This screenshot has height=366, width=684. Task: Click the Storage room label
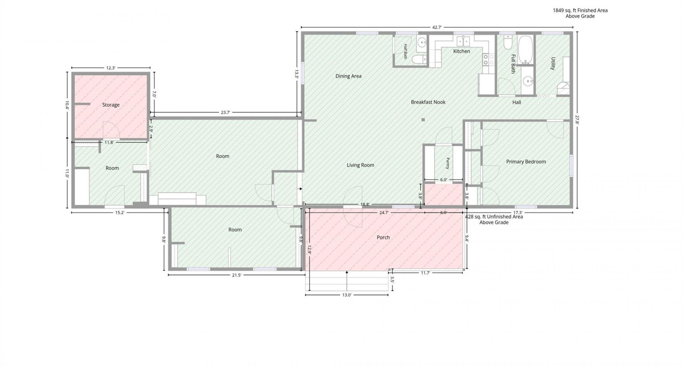click(111, 105)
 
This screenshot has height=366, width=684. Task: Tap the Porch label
click(383, 237)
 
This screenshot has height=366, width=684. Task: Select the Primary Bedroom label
click(526, 162)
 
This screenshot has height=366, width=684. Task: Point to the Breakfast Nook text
click(428, 102)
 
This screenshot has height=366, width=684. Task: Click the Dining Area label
click(348, 76)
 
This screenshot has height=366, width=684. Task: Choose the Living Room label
click(361, 165)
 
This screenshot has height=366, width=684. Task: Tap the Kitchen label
click(462, 51)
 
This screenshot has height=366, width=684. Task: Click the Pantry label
click(448, 163)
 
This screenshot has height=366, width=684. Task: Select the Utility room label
click(553, 63)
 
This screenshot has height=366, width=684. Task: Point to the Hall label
click(517, 102)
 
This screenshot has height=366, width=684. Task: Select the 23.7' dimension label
click(226, 112)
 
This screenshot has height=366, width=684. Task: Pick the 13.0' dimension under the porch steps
click(347, 295)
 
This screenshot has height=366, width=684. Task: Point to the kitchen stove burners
click(488, 60)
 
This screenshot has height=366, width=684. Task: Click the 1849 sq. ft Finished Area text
click(580, 10)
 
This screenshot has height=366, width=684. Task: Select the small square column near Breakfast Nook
click(423, 120)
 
